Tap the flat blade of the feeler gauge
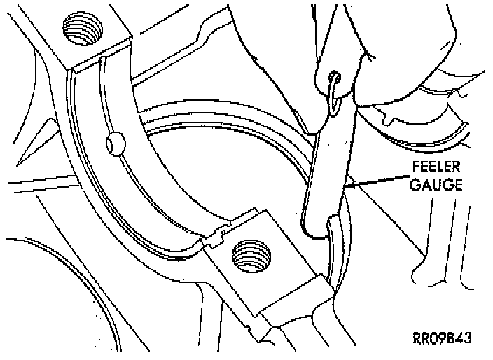click(329, 168)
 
